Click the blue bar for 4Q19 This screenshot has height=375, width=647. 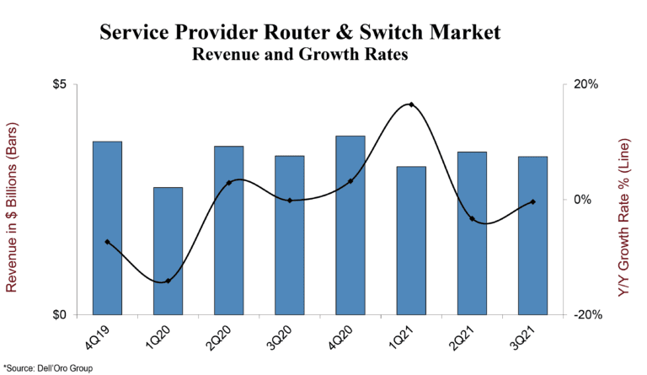(x=107, y=228)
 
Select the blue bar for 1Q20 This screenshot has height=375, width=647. (x=168, y=251)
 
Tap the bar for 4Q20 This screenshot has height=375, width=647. (x=350, y=225)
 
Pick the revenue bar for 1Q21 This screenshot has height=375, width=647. (x=411, y=240)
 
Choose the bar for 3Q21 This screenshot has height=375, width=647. (x=532, y=235)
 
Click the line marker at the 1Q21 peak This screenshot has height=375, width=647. (x=411, y=104)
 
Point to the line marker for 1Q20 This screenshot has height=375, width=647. (x=168, y=281)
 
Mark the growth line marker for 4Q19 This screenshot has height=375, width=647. (x=107, y=242)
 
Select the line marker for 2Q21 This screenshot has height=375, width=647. (x=472, y=219)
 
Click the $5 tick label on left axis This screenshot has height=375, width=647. (x=67, y=85)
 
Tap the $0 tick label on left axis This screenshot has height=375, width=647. (x=67, y=315)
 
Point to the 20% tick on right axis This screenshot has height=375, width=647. (x=582, y=85)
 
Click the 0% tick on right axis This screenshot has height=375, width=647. (x=582, y=200)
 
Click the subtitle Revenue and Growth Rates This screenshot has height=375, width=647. (x=300, y=56)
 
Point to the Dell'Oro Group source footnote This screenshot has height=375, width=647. (x=48, y=368)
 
